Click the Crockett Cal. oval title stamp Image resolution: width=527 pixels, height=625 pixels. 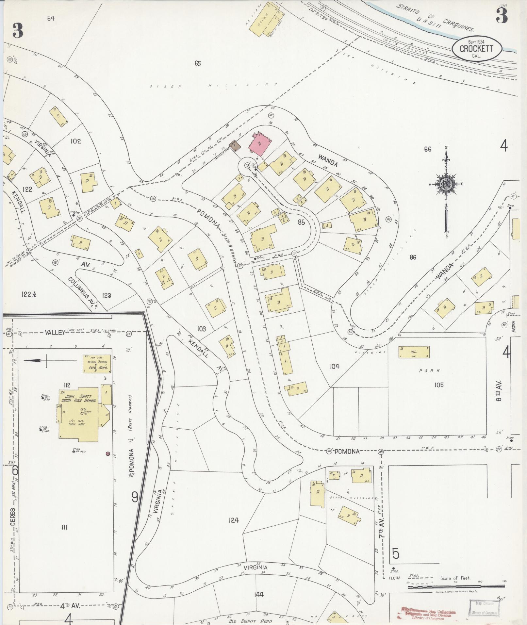tap(476, 49)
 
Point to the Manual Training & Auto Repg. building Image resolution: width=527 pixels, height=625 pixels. tap(97, 363)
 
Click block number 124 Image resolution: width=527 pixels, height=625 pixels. tap(234, 520)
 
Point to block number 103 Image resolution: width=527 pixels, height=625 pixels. tap(201, 329)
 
